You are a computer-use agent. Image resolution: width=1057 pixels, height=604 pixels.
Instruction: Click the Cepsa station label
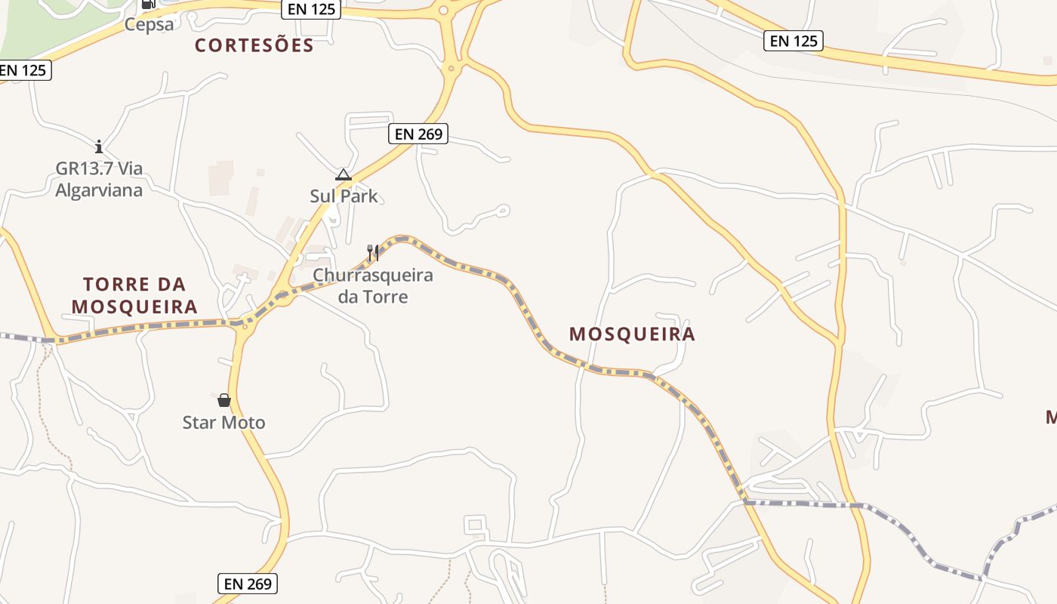pyautogui.click(x=149, y=24)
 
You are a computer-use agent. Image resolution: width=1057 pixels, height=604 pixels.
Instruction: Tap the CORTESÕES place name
pyautogui.click(x=254, y=45)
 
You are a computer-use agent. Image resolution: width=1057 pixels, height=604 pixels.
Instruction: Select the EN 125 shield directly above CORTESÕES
pyautogui.click(x=310, y=10)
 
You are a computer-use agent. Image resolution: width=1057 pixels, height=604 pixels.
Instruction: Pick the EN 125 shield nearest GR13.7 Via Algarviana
pyautogui.click(x=23, y=70)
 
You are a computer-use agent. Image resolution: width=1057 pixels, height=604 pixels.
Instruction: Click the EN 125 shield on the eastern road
pyautogui.click(x=793, y=41)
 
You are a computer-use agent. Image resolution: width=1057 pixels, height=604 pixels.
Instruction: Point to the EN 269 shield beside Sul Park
pyautogui.click(x=419, y=134)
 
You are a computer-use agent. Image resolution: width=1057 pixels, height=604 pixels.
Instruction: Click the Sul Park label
pyautogui.click(x=344, y=196)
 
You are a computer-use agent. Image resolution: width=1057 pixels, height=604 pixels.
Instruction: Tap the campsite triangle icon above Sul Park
pyautogui.click(x=344, y=175)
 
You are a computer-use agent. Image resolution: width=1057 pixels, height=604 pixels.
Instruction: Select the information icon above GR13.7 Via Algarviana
pyautogui.click(x=99, y=146)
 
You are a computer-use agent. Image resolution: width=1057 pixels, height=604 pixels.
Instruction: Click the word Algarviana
pyautogui.click(x=99, y=190)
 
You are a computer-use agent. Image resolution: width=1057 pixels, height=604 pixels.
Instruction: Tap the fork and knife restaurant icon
pyautogui.click(x=372, y=252)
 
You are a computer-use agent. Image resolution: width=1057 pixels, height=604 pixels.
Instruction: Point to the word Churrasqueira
pyautogui.click(x=373, y=275)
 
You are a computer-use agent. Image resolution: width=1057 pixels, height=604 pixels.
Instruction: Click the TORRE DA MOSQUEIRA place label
pyautogui.click(x=134, y=295)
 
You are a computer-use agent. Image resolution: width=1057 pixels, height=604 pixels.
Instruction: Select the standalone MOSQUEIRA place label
pyautogui.click(x=632, y=334)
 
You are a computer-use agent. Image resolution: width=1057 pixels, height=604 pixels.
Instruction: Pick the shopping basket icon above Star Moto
pyautogui.click(x=224, y=399)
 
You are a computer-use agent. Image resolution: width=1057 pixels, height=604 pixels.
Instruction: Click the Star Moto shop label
pyautogui.click(x=224, y=422)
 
